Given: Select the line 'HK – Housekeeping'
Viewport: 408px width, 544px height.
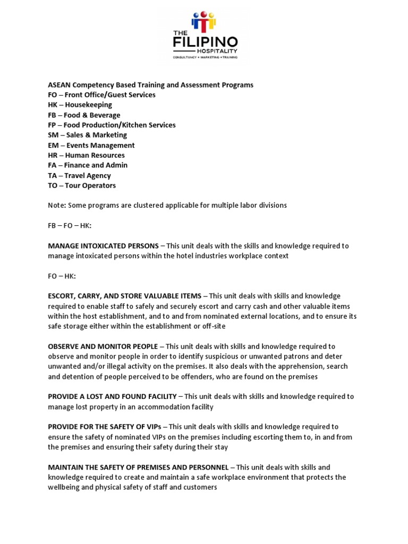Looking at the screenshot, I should tap(80, 105).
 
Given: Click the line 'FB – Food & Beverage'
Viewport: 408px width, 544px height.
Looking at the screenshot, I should tap(84, 115).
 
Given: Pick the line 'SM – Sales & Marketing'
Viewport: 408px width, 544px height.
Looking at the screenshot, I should tap(88, 135).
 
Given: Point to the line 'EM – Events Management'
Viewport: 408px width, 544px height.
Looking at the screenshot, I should tap(91, 145).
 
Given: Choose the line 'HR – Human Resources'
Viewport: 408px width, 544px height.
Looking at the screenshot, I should tap(86, 155).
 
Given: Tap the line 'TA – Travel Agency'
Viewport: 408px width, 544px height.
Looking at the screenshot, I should tap(79, 175).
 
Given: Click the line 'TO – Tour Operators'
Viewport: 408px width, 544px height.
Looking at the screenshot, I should tap(81, 185).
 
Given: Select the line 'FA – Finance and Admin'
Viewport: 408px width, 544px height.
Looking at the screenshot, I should tap(88, 165).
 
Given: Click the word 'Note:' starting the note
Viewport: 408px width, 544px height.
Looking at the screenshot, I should tap(57, 205).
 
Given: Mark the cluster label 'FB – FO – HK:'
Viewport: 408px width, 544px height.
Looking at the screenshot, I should tap(70, 225).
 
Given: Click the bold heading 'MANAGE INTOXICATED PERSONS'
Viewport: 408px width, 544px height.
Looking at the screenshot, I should tap(103, 245).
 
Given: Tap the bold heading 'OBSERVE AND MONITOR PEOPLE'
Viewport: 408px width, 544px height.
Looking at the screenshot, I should tap(103, 346).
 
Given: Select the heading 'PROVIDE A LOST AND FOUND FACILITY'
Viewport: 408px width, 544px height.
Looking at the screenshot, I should tap(112, 396).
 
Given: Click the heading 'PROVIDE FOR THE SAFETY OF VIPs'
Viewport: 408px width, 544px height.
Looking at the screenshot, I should tap(104, 427).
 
